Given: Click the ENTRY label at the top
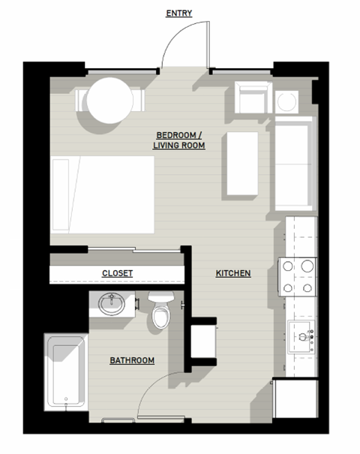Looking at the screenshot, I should (178, 13).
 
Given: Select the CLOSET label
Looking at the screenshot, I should (117, 273).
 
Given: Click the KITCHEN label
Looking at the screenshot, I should (233, 273).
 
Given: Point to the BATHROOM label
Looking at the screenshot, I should (132, 361).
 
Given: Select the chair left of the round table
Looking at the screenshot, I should (81, 101).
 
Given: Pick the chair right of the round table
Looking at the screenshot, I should (137, 100).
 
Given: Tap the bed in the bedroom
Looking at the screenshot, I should (103, 195).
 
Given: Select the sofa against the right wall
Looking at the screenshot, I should (292, 166).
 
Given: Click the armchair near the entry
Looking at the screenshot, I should (252, 98).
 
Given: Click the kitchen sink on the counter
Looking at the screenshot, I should (301, 337).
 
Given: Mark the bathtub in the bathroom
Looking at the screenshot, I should (65, 372).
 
